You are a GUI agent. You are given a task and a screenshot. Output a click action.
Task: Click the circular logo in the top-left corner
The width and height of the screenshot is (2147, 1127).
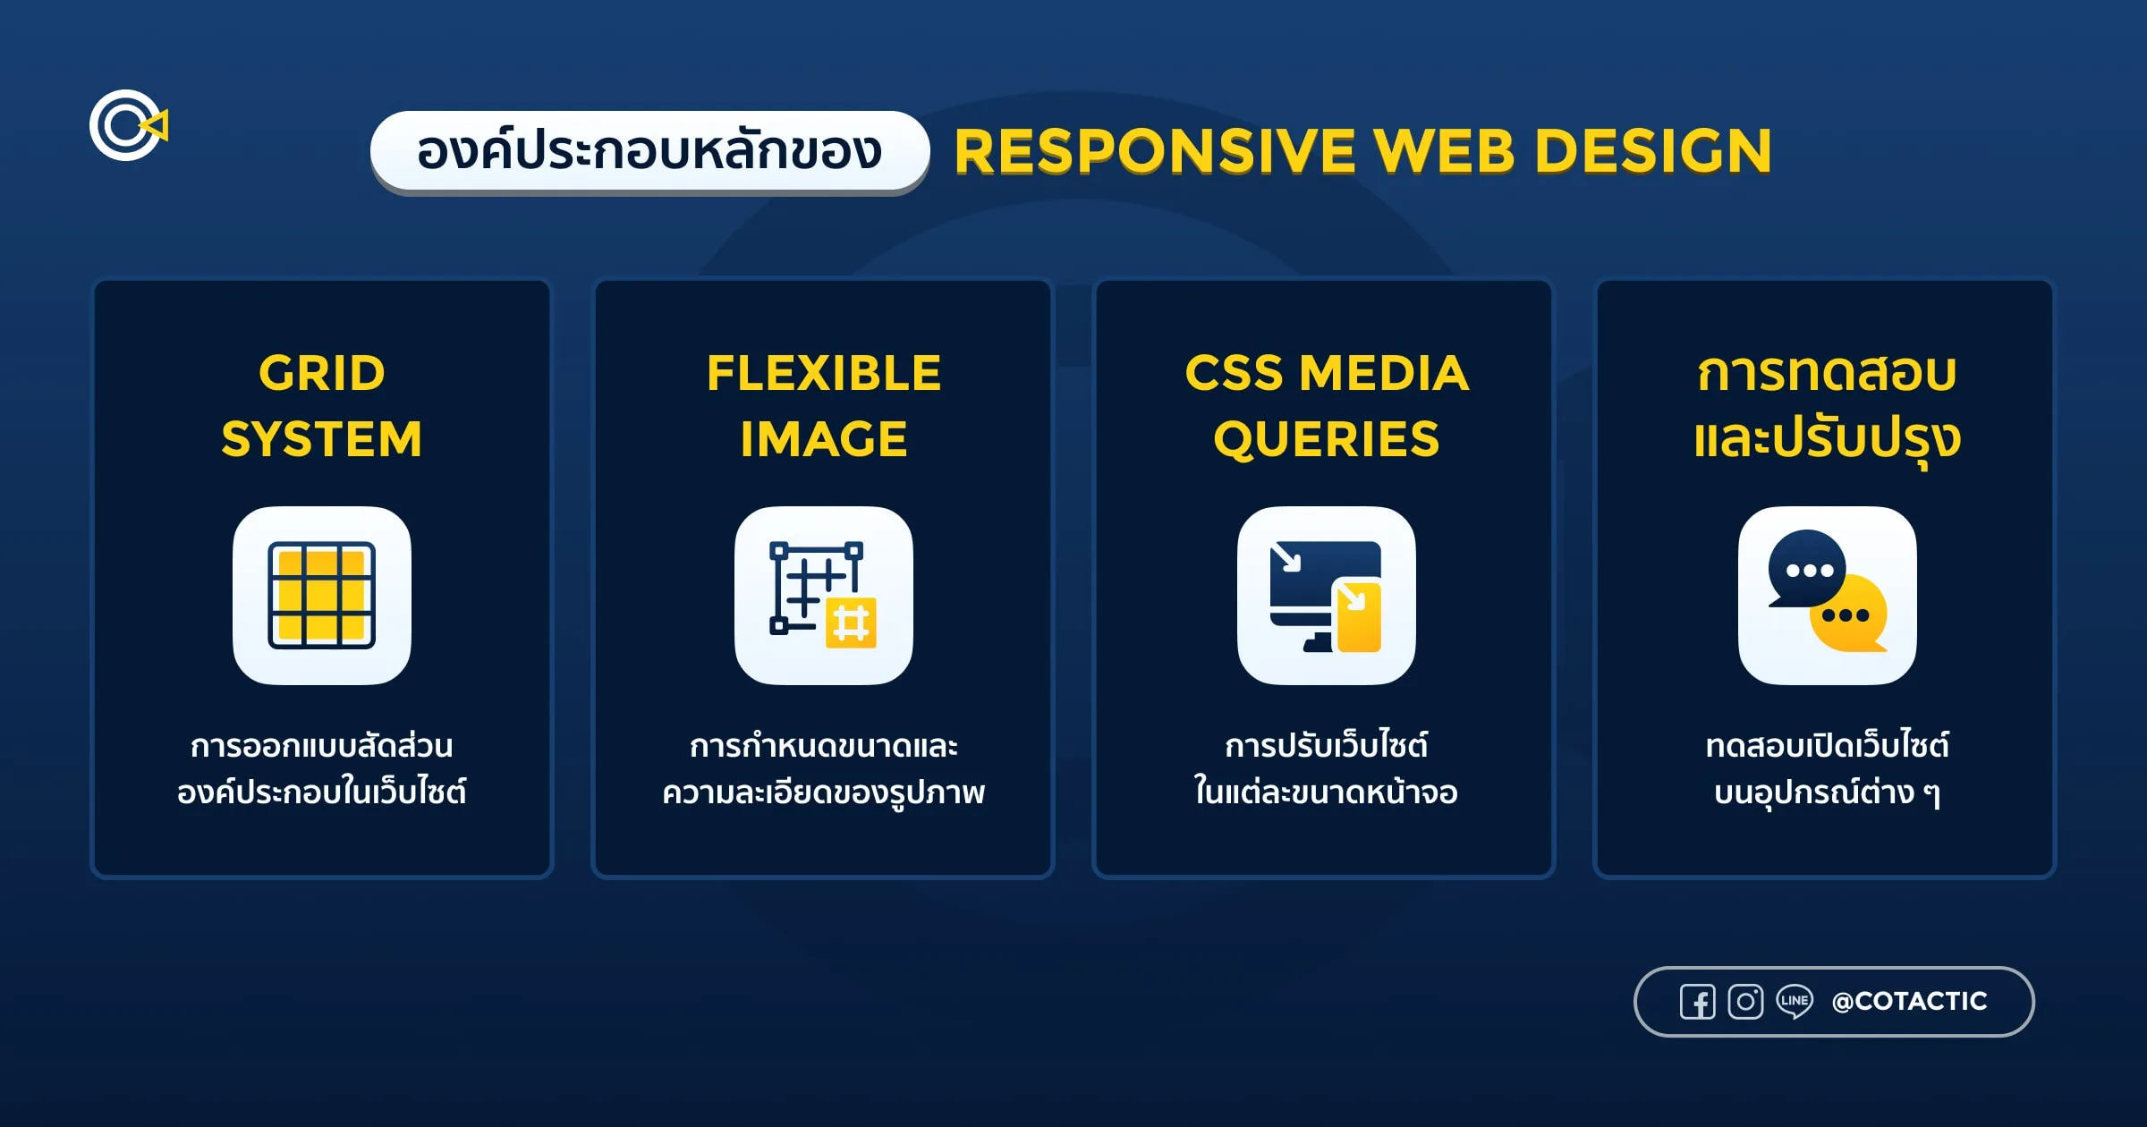coord(127,125)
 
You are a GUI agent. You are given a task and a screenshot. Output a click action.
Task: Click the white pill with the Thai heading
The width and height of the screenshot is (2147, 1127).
coord(649,150)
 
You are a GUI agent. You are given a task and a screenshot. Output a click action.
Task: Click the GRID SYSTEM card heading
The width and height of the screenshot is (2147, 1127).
coord(322,405)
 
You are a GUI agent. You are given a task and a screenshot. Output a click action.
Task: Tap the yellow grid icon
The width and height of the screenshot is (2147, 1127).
coord(322,595)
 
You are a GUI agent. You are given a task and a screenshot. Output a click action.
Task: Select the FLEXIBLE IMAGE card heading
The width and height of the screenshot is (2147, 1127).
coord(824,405)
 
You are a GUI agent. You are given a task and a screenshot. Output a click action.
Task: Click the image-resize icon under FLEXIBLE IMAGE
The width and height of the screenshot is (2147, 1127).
coord(824,595)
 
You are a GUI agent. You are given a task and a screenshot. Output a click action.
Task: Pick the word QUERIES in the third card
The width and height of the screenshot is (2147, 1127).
coord(1326,439)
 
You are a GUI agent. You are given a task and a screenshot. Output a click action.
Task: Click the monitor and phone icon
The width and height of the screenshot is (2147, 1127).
coord(1326,595)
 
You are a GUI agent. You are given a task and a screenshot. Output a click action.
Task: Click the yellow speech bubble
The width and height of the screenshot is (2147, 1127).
coord(1849,615)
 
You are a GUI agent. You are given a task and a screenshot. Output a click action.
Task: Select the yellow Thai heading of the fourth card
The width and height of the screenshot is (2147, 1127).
coord(1827,405)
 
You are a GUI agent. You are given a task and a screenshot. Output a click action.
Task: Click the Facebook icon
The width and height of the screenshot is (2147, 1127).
coord(1697,1002)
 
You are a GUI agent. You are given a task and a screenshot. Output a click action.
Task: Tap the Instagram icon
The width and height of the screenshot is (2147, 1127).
coord(1745,1002)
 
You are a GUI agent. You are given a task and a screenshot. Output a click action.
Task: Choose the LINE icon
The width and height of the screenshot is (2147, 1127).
coord(1795,1001)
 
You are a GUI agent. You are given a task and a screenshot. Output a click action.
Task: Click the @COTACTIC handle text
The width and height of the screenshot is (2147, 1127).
coord(1909,1001)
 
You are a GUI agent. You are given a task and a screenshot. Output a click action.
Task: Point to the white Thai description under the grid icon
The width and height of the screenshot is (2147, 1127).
coord(322,768)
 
